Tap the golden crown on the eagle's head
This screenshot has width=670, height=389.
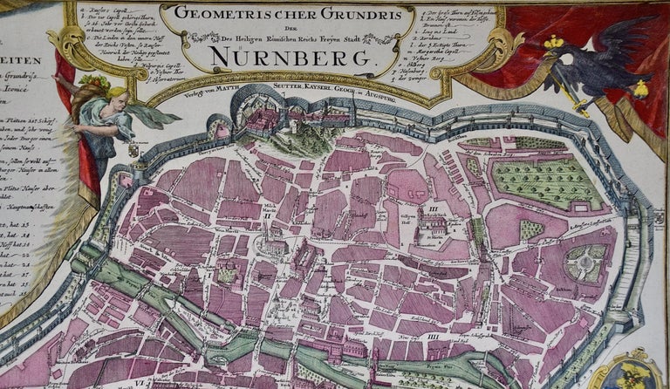(x=552, y=41)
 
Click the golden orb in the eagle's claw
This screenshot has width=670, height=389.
(x=641, y=88)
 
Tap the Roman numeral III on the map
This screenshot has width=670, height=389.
(x=430, y=210)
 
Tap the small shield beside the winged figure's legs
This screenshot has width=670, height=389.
(x=133, y=151)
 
